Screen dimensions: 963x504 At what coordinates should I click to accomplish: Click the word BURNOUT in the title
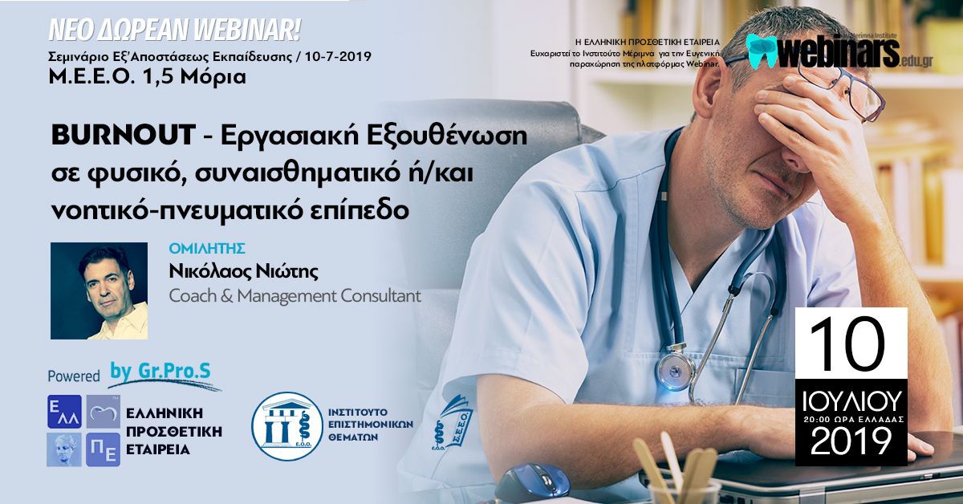pos(124,135)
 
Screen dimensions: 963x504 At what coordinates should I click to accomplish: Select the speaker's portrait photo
pos(100,291)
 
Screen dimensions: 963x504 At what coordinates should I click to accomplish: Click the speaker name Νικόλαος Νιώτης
pos(244,272)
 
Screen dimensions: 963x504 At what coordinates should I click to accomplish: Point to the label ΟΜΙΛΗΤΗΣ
pos(207,249)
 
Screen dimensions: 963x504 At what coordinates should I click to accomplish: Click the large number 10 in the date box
pos(847,344)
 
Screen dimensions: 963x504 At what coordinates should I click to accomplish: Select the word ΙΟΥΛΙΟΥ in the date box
pos(851,401)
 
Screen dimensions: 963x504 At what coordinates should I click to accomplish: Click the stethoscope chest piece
pos(675,371)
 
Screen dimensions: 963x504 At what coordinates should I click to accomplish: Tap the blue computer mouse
pos(532,482)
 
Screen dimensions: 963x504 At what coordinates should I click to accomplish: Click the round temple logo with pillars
pos(287,427)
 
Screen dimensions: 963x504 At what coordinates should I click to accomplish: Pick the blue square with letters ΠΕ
pos(104,449)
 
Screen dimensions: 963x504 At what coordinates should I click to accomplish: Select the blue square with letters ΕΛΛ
pos(64,412)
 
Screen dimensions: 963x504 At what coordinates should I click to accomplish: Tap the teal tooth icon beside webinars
pos(762,51)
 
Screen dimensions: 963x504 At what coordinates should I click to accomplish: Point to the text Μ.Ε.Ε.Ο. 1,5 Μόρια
pos(148,76)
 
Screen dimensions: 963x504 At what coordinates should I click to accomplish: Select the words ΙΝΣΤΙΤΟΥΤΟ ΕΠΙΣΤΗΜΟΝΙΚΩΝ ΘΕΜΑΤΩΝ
pos(371,425)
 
